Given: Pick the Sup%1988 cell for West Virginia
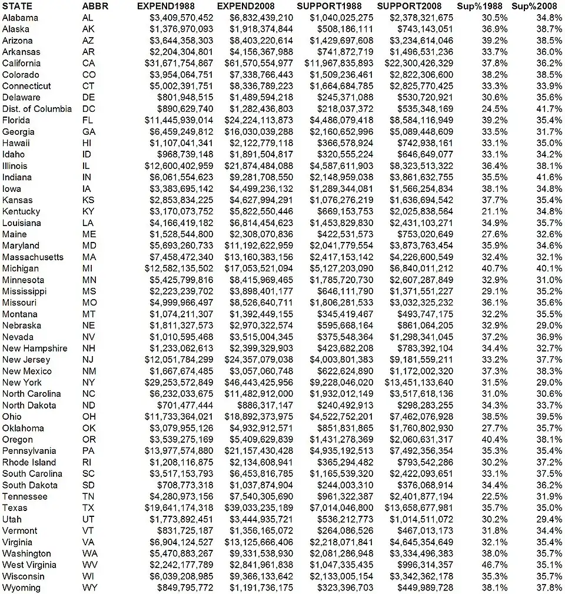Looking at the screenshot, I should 491,565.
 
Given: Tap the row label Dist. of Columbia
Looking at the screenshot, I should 37,109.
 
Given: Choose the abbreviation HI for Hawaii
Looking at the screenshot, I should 87,143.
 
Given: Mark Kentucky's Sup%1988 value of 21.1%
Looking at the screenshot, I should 491,211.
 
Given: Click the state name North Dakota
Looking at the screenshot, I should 29,405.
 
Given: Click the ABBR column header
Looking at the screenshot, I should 95,6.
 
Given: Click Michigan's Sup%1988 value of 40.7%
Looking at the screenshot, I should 491,268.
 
